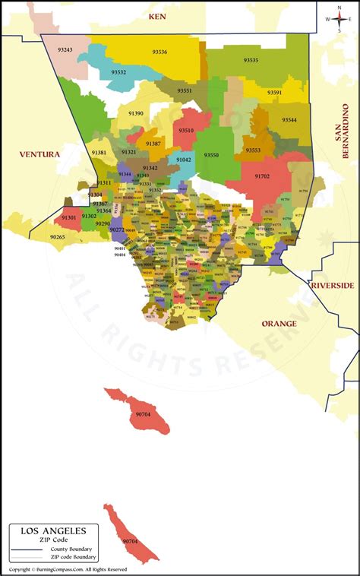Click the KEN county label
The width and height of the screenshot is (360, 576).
point(157,15)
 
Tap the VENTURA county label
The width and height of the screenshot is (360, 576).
point(39,154)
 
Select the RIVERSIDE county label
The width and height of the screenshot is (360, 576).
point(332,285)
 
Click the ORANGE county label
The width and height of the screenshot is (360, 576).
point(279,323)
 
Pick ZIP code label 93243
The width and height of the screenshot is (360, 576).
point(65,50)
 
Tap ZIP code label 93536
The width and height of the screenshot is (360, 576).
point(159,52)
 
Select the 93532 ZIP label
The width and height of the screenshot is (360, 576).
point(118,72)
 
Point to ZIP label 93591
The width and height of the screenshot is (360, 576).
point(274,93)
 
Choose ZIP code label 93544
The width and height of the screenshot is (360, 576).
point(289,120)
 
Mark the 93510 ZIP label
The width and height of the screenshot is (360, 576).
point(186,130)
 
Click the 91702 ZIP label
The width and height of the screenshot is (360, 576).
point(262,176)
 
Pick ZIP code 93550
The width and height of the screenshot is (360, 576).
point(212,155)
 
